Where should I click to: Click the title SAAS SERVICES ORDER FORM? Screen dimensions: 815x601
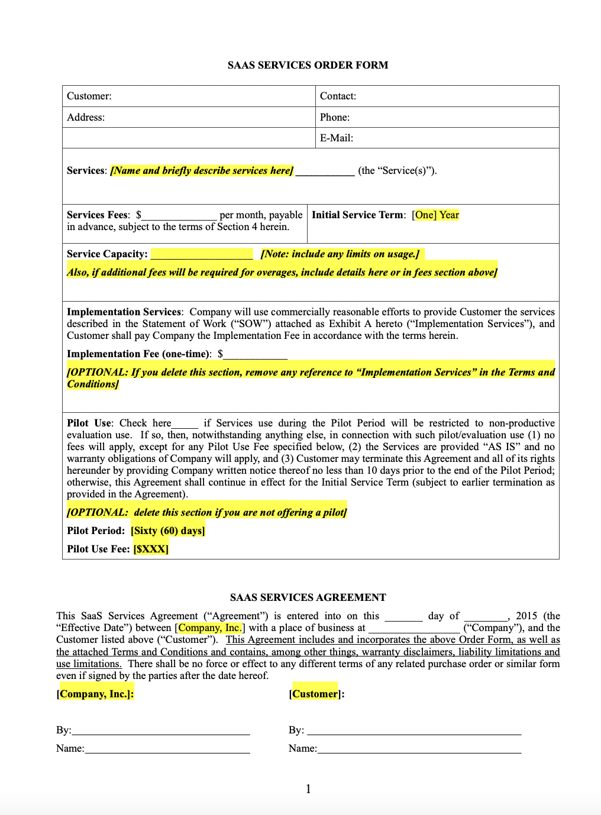point(308,65)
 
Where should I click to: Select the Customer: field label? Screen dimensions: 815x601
point(89,96)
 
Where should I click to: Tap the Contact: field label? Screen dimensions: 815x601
point(338,96)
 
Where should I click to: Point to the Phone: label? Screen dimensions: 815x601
point(334,117)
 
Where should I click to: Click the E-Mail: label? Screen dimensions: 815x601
point(336,138)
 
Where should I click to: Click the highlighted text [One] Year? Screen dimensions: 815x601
point(436,215)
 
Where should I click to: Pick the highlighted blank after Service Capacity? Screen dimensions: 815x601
point(202,254)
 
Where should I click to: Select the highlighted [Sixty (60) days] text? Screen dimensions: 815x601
point(168,531)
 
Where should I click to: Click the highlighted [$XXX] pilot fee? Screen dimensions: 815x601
point(151,549)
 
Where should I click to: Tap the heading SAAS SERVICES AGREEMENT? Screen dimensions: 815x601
point(308,597)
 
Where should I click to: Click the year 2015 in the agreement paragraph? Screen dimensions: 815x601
point(526,616)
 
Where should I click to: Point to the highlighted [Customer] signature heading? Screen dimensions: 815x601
point(315,694)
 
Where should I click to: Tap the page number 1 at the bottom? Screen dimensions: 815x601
point(308,788)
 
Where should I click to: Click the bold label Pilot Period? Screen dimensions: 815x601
point(96,531)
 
